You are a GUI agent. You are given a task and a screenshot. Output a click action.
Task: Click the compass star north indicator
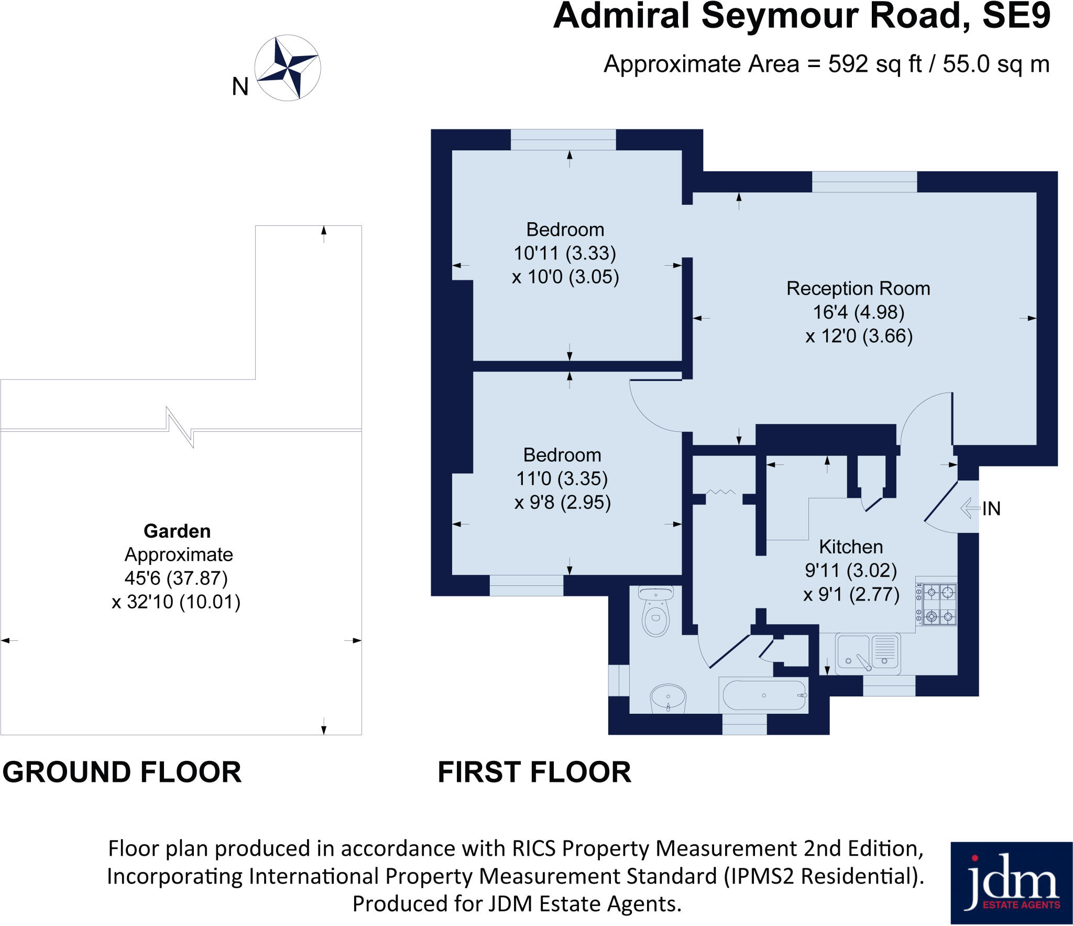pos(287,68)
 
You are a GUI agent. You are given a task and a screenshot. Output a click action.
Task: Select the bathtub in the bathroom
pos(764,695)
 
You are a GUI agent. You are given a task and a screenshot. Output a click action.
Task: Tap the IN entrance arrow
pos(970,508)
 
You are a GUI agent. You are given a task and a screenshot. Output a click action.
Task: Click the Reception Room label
pos(858,288)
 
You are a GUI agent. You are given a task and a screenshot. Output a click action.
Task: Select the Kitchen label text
pos(851,547)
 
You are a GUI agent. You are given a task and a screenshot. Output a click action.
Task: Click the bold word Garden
pos(177,531)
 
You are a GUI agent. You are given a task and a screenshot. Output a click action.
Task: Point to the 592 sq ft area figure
pos(874,64)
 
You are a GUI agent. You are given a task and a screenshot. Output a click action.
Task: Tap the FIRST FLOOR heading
pos(534,772)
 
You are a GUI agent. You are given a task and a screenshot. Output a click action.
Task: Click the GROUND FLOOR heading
pos(122,772)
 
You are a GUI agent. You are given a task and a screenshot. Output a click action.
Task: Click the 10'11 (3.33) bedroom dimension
pos(565,253)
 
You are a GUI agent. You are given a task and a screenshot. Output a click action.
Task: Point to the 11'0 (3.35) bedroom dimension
pos(562,478)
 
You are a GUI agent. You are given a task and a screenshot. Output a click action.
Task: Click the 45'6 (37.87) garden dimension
pos(176,578)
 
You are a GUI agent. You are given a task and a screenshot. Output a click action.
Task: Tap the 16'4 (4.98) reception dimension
pos(858,312)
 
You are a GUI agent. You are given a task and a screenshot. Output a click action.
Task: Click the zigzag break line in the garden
pos(180,427)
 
